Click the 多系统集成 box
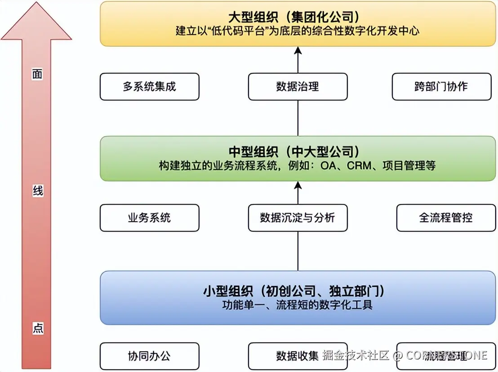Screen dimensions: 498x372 coord(149,87)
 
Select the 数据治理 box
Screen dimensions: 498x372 coord(298,87)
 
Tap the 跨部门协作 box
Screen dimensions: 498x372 coord(441,87)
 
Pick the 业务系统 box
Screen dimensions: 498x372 coord(149,218)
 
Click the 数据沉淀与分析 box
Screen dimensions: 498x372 coord(298,218)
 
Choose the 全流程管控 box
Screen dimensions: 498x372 coord(446,218)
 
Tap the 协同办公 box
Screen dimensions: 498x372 coord(149,356)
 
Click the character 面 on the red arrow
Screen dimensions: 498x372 coord(37,75)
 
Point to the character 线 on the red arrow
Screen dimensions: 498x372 coord(38,191)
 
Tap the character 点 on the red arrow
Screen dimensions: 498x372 coord(38,328)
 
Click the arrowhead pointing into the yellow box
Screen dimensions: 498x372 coord(298,50)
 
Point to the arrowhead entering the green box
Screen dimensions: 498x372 coord(298,185)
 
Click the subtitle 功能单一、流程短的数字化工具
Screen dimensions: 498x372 coord(298,305)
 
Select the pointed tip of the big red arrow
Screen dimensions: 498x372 coord(36,3)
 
